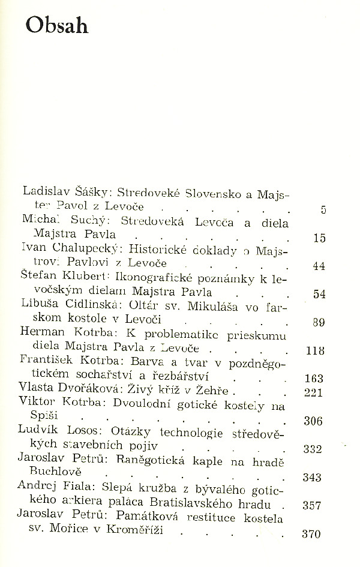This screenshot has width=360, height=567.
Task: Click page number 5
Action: point(323,209)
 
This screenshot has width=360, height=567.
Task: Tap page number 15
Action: point(319,238)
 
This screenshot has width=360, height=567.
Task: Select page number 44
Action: point(319,266)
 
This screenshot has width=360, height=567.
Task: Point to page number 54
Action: point(319,294)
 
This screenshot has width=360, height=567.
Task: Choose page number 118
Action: point(315,350)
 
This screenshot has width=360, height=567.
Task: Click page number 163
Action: point(314,379)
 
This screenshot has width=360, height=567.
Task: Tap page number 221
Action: point(314,392)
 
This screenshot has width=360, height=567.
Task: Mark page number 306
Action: point(314,421)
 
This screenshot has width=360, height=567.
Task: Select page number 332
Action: point(314,449)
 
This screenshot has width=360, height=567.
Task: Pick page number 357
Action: point(314,505)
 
